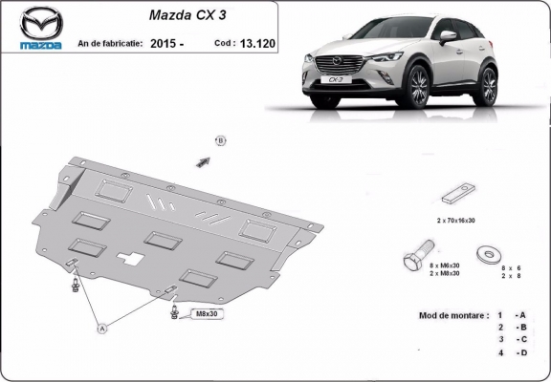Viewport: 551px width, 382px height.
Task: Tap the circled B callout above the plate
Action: [x=220, y=141]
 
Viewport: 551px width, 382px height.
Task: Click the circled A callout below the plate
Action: [x=102, y=329]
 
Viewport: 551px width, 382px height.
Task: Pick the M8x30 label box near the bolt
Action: [x=206, y=313]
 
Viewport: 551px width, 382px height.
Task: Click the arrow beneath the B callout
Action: [x=203, y=161]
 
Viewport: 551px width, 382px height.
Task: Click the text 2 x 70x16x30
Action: [x=457, y=221]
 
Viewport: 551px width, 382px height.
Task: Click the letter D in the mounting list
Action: [x=522, y=354]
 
